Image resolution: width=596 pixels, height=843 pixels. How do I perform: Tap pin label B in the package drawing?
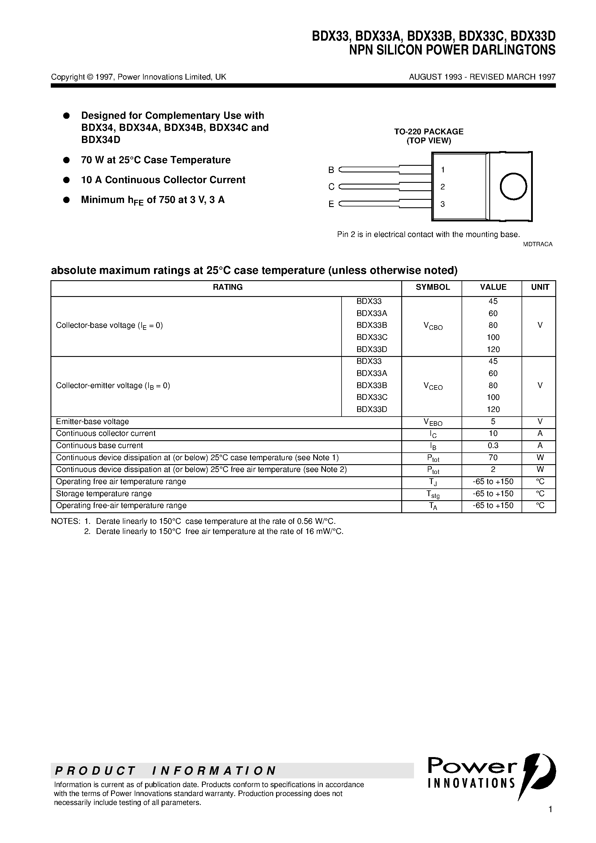pos(331,170)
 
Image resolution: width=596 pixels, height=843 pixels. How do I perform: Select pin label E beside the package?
pos(331,204)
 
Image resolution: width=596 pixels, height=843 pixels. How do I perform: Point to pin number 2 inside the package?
pos(443,187)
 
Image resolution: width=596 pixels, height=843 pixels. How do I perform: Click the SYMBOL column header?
pos(432,287)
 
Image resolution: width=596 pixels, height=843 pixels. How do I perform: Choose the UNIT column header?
pos(540,287)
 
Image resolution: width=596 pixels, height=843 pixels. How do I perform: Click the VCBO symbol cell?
pos(433,326)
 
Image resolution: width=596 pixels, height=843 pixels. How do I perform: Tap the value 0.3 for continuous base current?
pos(493,445)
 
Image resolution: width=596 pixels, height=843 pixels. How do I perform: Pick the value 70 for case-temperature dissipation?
pos(493,458)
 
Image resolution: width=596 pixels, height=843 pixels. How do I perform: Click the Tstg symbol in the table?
pos(433,494)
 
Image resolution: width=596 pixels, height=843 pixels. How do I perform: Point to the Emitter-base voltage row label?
pos(92,421)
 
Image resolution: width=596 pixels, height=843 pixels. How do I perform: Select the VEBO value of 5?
pos(493,421)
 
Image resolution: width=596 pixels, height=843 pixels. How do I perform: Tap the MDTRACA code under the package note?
pos(537,244)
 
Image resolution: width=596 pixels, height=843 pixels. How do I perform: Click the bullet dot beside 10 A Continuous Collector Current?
pos(67,180)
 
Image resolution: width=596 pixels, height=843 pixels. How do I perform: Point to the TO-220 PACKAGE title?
pos(428,131)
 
